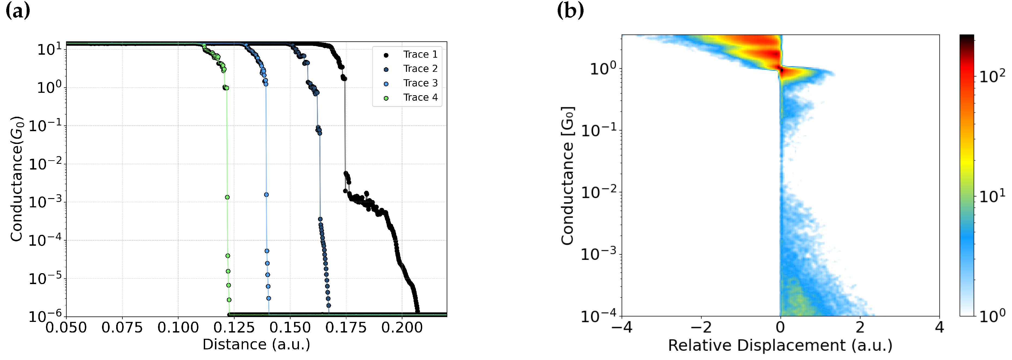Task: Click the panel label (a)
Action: (x=18, y=11)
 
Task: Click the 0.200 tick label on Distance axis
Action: (x=402, y=327)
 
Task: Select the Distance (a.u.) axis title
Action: (x=256, y=345)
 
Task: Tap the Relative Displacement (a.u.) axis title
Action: (x=780, y=346)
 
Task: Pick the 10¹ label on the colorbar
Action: (x=992, y=196)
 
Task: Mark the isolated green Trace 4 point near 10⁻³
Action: (x=227, y=197)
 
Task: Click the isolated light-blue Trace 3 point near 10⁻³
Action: (x=266, y=195)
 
